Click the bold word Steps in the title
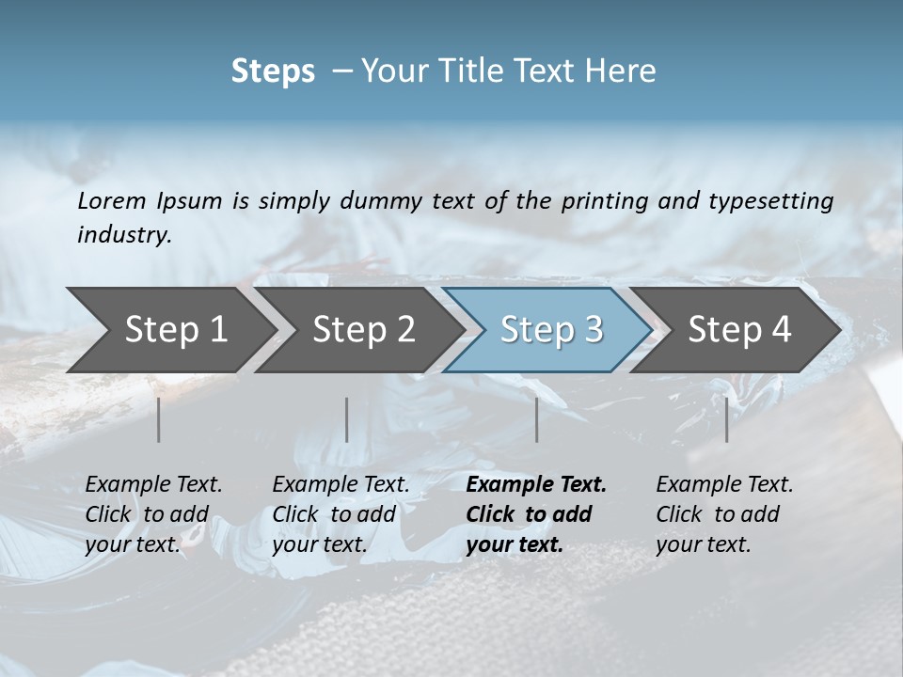273,71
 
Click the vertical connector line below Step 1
159,419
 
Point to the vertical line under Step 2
347,419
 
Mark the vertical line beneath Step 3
536,419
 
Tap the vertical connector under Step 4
726,419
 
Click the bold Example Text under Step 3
536,485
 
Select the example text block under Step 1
153,514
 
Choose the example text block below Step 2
341,514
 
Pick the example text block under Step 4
724,514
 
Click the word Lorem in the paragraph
112,201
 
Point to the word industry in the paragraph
124,235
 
